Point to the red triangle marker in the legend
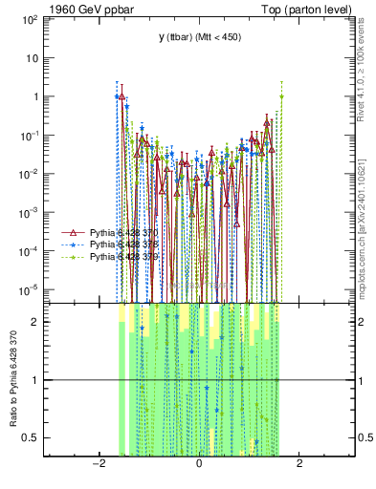pos(75,232)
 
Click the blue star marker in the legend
pos(75,244)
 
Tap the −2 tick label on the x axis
pos(97,464)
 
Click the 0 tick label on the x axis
pos(198,464)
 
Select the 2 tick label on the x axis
pos(299,464)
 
